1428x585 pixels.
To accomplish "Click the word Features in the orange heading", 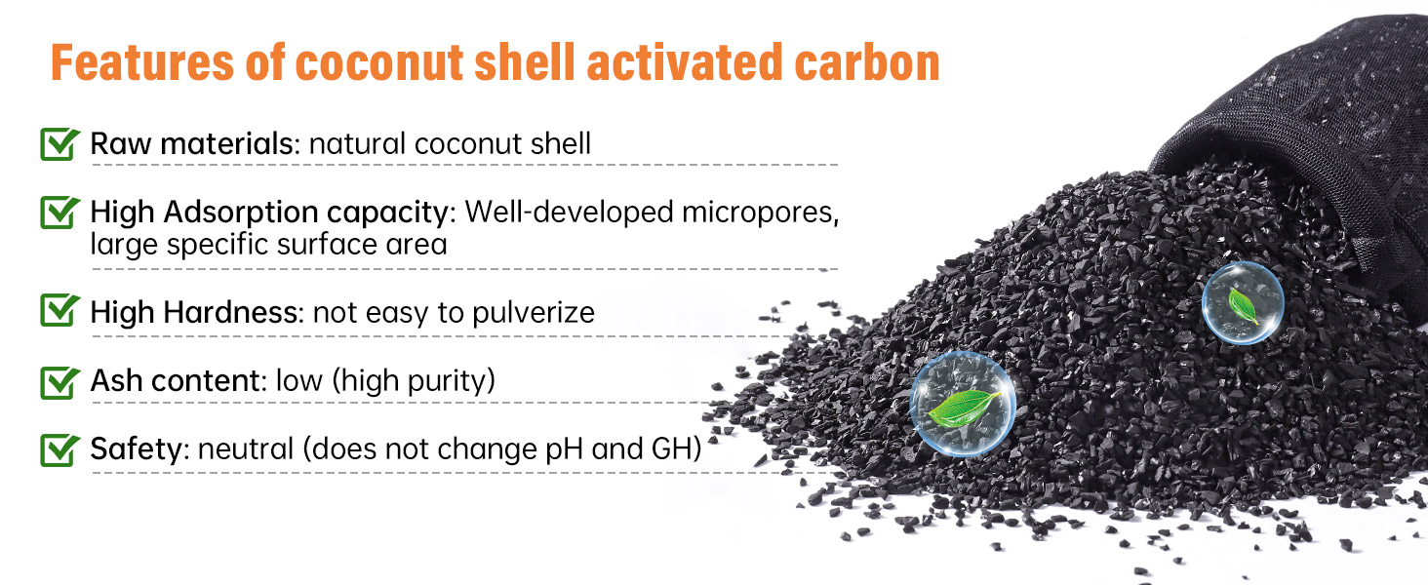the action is (x=142, y=62).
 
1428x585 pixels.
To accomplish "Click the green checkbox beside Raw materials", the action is (x=59, y=143).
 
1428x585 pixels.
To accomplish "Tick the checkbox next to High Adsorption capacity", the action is (x=59, y=212).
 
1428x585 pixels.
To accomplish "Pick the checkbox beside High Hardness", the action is (x=59, y=310).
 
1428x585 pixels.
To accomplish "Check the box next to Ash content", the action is (x=59, y=382).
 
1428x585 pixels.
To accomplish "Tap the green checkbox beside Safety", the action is (x=59, y=449).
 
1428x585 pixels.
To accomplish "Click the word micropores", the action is (x=760, y=213).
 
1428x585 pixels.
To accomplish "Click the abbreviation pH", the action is (x=564, y=449).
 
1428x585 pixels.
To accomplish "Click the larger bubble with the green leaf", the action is (x=963, y=404).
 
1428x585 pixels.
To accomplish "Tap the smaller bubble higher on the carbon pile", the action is (x=1243, y=302).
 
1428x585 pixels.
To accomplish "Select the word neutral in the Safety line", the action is (x=246, y=449).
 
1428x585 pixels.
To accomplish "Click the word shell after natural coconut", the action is (x=560, y=143).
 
